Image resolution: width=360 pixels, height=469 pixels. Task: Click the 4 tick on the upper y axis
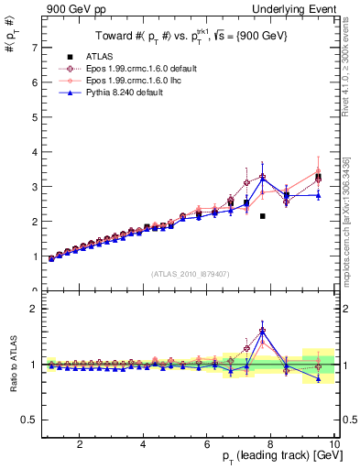point(33,152)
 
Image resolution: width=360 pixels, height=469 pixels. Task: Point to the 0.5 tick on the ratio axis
point(29,420)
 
